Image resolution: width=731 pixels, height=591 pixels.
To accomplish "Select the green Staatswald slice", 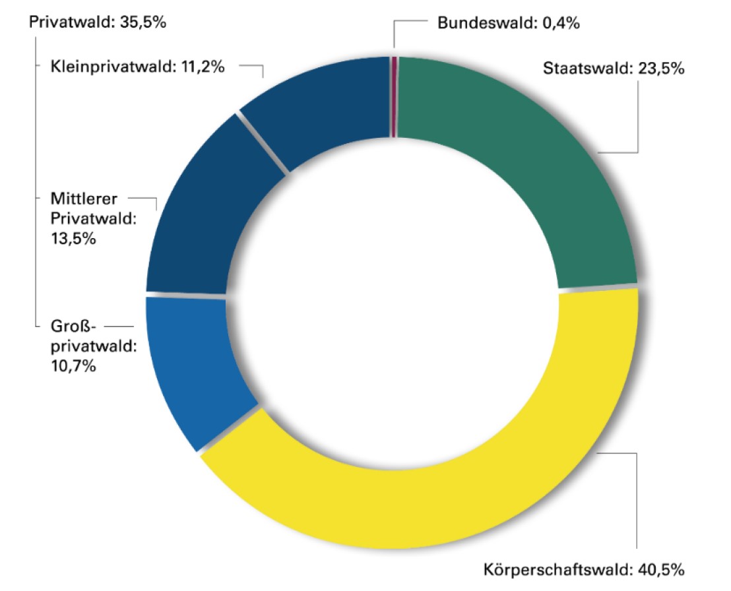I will pos(561,165).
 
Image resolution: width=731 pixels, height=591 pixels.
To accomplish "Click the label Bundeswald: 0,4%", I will pos(508,24).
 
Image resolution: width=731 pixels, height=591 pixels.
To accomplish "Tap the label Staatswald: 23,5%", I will pos(614,68).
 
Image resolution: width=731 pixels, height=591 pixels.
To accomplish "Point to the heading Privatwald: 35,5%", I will pos(98,22).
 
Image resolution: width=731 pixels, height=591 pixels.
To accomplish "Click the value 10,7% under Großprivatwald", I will pos(74,365).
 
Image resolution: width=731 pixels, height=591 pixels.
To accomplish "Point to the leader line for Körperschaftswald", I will pos(637,501).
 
